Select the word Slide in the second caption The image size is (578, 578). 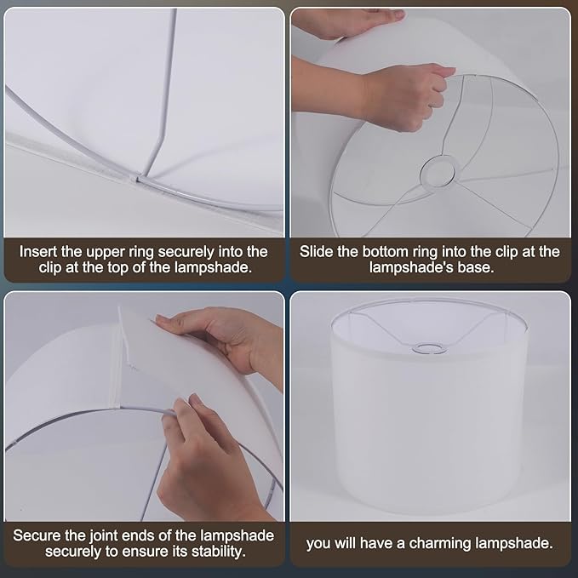(318, 252)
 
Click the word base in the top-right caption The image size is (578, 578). (478, 266)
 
